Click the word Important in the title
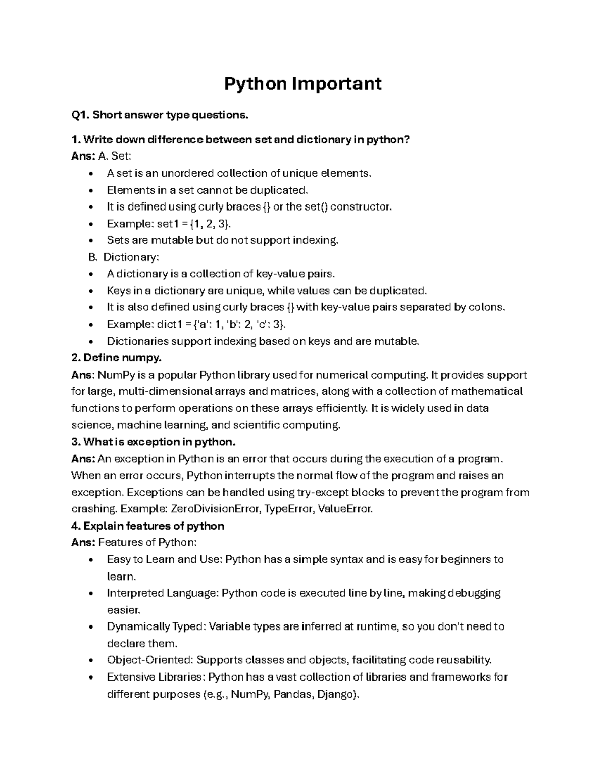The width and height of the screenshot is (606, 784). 336,83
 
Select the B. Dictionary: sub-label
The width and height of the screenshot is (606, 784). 124,257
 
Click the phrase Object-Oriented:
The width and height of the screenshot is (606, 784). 150,660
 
